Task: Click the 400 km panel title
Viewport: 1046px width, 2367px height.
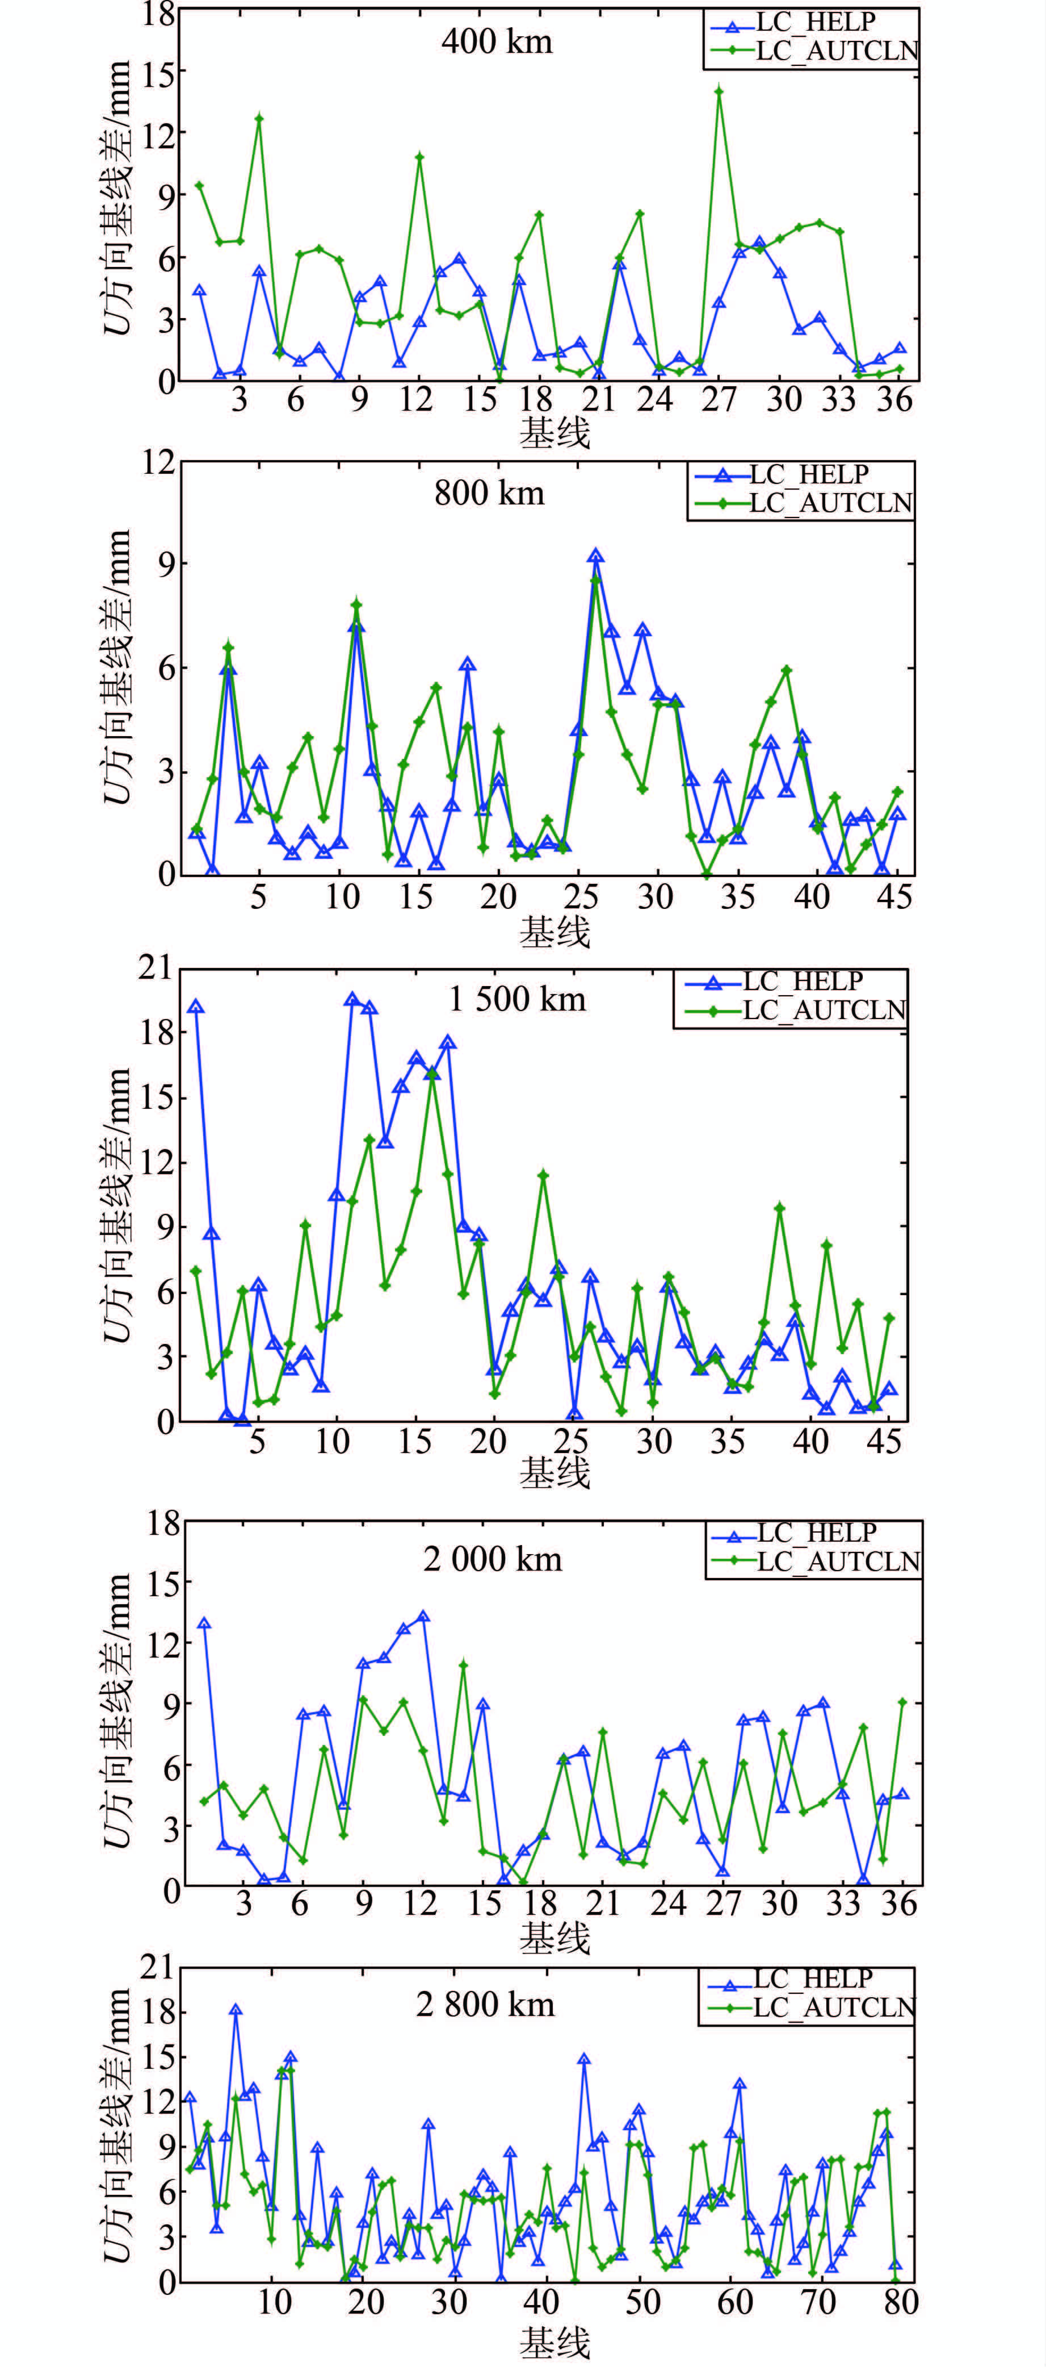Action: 497,41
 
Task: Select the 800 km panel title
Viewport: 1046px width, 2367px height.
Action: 489,494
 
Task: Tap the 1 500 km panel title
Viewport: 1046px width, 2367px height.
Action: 517,999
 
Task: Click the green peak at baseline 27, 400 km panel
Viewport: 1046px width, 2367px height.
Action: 719,91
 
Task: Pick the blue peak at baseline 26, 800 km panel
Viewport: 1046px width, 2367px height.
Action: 595,556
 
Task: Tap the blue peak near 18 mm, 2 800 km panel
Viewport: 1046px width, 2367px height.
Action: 236,2010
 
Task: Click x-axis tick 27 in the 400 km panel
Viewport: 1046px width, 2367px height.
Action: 719,400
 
